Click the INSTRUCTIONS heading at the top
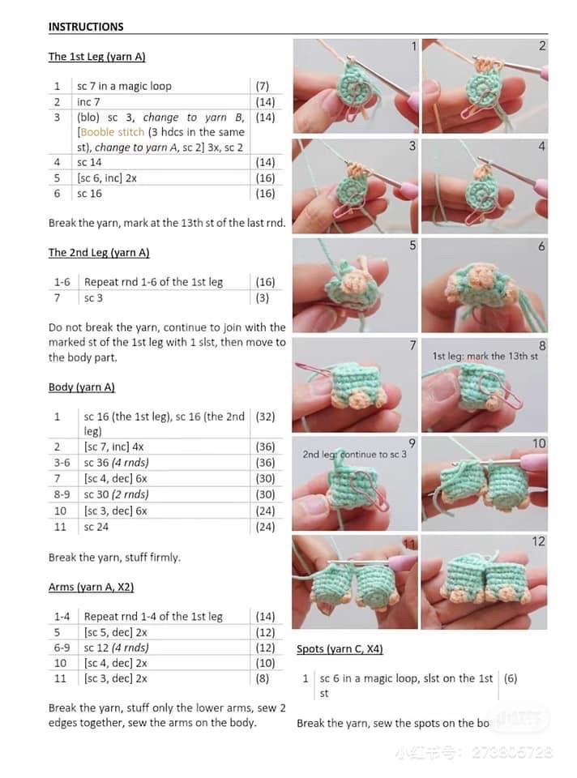pyautogui.click(x=86, y=27)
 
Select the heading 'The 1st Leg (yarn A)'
pyautogui.click(x=96, y=57)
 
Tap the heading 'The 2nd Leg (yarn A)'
pyautogui.click(x=99, y=253)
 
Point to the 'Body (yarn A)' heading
pyautogui.click(x=82, y=387)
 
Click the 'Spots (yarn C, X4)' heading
pyautogui.click(x=340, y=649)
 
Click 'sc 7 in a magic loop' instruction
pyautogui.click(x=124, y=86)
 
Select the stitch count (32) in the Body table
pyautogui.click(x=265, y=417)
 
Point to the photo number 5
pyautogui.click(x=412, y=246)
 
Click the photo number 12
pyautogui.click(x=539, y=541)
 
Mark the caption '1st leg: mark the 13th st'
pyautogui.click(x=485, y=357)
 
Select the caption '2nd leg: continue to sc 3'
pyautogui.click(x=355, y=455)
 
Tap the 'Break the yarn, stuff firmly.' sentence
pyautogui.click(x=114, y=558)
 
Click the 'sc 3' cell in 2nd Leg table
pyautogui.click(x=94, y=298)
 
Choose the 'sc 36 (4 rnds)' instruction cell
pyautogui.click(x=116, y=463)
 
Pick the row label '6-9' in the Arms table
pyautogui.click(x=62, y=648)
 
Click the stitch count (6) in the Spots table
pyautogui.click(x=511, y=678)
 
